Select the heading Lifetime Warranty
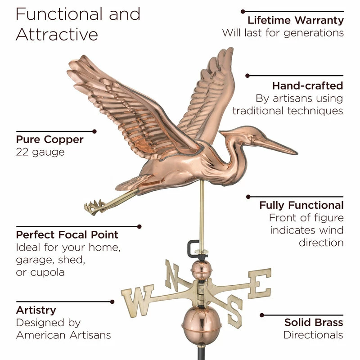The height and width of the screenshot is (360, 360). (296, 20)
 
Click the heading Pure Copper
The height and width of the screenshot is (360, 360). (49, 139)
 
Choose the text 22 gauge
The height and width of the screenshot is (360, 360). (40, 152)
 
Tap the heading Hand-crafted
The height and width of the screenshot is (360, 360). (307, 85)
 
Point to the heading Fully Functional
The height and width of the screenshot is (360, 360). (301, 205)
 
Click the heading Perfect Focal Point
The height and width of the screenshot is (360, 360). (67, 234)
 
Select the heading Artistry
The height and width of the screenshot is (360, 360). (36, 310)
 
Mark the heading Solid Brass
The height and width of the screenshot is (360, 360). (314, 322)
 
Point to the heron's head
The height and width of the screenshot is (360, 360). (241, 132)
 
